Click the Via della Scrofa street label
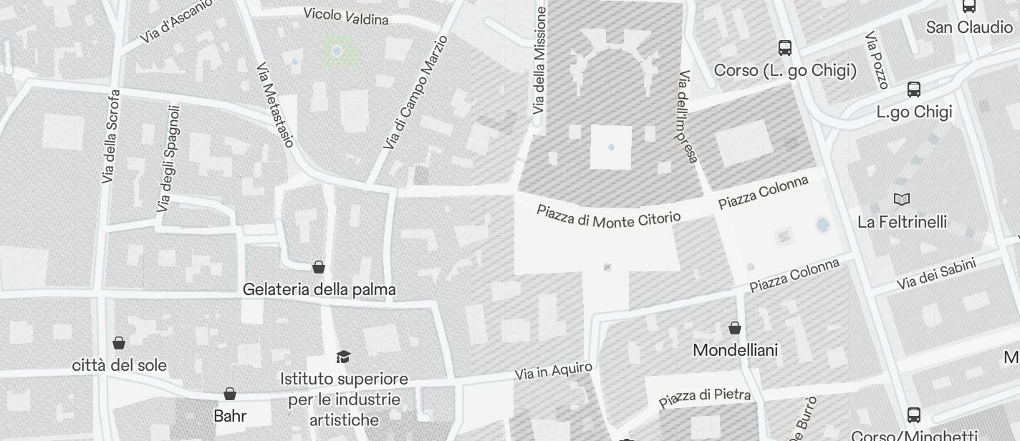(x=111, y=136)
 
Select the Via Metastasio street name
(x=275, y=105)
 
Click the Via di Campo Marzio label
(x=415, y=92)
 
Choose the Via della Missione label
(x=540, y=61)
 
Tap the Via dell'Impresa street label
(x=688, y=116)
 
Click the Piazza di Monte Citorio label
(x=608, y=215)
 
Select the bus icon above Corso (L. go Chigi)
(x=785, y=48)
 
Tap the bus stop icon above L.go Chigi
(x=914, y=89)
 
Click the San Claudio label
(x=969, y=27)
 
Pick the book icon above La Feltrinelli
(x=902, y=199)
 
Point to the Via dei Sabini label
(x=935, y=274)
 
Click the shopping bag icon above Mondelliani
(x=735, y=328)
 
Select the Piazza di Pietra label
(x=705, y=397)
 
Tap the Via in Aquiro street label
(x=554, y=371)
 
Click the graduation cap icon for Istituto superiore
(x=344, y=357)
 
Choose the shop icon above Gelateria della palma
(x=319, y=267)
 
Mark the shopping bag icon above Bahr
(x=230, y=394)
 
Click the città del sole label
(x=120, y=365)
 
